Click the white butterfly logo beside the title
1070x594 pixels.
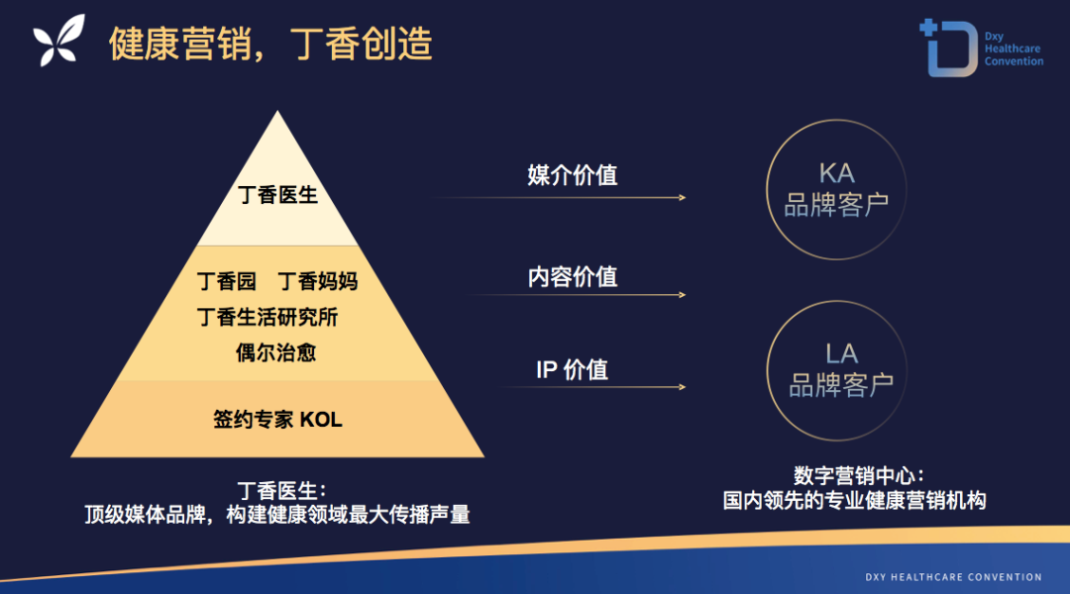(x=59, y=41)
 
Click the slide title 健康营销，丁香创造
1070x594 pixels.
(x=270, y=44)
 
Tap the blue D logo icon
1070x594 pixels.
(x=948, y=48)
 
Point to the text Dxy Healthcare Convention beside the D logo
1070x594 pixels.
(x=1014, y=49)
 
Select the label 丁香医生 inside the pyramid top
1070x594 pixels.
(x=277, y=195)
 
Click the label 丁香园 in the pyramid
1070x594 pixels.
(x=227, y=281)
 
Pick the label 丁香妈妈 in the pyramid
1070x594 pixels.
(x=318, y=281)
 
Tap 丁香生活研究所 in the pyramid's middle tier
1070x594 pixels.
(x=267, y=317)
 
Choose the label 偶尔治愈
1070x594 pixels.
(x=276, y=352)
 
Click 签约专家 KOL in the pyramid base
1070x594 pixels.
(x=277, y=420)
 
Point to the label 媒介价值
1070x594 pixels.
(x=573, y=175)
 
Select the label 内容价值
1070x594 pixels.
(x=573, y=277)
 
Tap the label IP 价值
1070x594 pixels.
(x=572, y=369)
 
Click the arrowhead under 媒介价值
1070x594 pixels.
(x=683, y=198)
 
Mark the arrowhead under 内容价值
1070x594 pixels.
(x=683, y=295)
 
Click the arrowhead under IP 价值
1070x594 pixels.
(x=683, y=387)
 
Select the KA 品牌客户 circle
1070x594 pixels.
(x=836, y=120)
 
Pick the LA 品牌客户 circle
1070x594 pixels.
(x=836, y=301)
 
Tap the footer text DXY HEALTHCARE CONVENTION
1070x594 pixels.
(x=953, y=577)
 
